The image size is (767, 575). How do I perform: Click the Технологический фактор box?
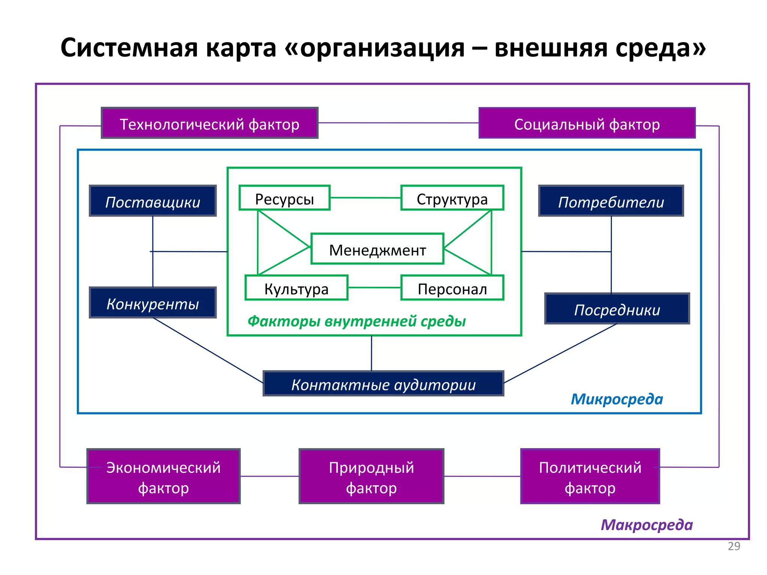209,123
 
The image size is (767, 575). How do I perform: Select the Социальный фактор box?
587,123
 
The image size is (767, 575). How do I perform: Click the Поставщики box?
153,201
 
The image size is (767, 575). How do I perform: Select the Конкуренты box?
153,303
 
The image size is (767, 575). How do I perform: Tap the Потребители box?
611,201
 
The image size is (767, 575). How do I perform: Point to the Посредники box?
617,309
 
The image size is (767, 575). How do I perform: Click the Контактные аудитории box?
383,384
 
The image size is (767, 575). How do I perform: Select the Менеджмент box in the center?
377,249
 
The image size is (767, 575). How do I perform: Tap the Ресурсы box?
285,198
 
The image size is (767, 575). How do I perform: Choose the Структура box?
452,198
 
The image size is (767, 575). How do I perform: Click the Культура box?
296,288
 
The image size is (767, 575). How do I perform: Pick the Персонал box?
452,288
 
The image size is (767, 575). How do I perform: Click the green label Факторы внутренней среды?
357,321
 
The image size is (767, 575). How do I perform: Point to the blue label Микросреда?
616,399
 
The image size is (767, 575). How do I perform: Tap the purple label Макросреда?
646,525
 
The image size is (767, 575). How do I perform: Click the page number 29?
734,546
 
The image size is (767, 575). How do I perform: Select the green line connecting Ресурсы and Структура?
365,198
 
